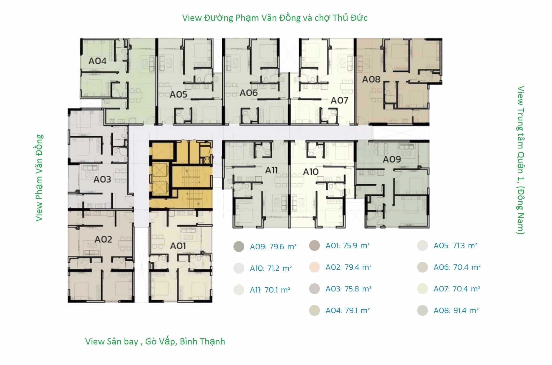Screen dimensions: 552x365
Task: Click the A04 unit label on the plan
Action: coord(97,61)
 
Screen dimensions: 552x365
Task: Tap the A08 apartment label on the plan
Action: coord(371,79)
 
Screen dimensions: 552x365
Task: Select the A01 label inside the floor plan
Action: coord(178,246)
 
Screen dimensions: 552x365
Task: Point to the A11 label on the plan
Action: coord(271,170)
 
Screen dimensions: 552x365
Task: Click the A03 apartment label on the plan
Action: coord(102,179)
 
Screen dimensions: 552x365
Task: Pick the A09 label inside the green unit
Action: coord(392,159)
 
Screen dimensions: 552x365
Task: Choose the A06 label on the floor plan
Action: coord(249,93)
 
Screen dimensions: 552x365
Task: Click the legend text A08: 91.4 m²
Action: coord(456,310)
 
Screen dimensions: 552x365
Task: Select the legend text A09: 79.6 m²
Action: coord(273,247)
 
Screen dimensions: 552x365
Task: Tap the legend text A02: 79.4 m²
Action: coord(349,267)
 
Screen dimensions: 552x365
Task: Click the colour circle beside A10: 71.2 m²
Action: coord(239,268)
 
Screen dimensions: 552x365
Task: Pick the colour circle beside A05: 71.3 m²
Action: coord(423,245)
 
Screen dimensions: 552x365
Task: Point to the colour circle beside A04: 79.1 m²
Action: coord(315,310)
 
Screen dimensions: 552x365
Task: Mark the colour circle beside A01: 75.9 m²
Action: coord(315,245)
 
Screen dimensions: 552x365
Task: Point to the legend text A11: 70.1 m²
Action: coord(270,290)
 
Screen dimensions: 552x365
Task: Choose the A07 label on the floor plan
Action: coord(339,101)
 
